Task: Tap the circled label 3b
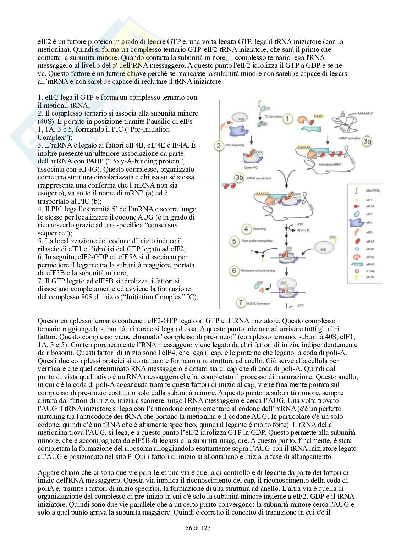(241, 177)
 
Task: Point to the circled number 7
(241, 303)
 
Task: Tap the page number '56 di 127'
(198, 528)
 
